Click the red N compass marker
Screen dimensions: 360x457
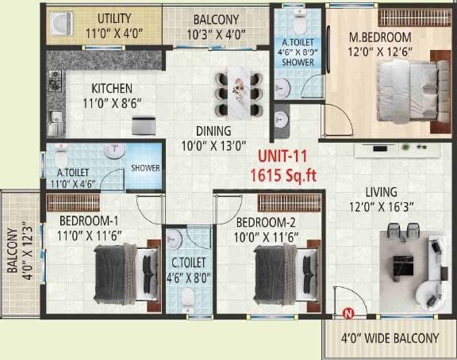[347, 314]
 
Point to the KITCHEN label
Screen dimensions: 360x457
[112, 88]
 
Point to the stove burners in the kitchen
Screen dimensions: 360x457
[56, 80]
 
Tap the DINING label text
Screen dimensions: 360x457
[213, 131]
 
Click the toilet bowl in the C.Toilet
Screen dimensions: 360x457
[187, 297]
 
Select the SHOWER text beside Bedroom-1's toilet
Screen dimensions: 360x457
[145, 168]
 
